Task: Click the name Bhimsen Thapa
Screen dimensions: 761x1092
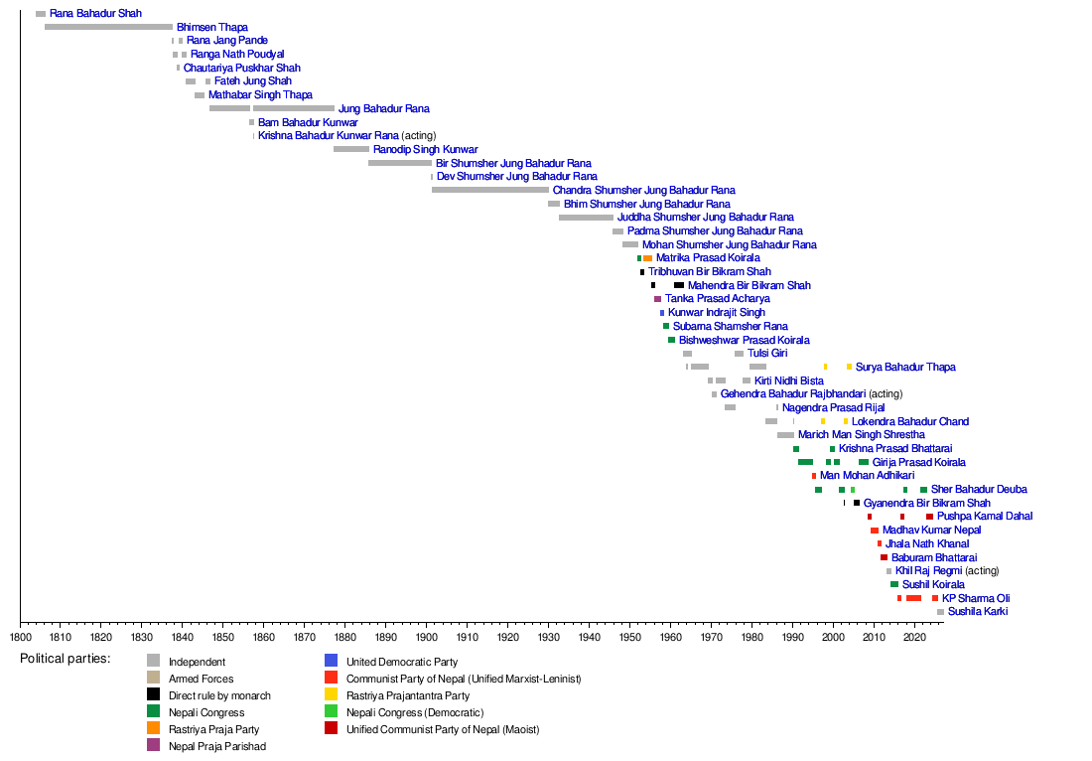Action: [x=212, y=27]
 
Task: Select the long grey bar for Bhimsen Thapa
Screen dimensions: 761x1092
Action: [x=108, y=27]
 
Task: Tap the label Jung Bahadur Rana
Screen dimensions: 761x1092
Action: [x=383, y=108]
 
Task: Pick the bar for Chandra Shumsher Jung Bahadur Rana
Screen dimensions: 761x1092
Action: [x=489, y=190]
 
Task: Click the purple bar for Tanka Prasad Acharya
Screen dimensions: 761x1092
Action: [x=657, y=299]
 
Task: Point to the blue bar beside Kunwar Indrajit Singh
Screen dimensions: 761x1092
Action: [x=662, y=313]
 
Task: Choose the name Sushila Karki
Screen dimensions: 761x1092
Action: [x=978, y=612]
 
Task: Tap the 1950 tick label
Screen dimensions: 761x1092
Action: [x=630, y=636]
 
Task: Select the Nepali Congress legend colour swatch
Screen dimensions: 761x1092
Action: [x=154, y=712]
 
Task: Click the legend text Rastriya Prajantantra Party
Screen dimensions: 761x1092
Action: [x=407, y=695]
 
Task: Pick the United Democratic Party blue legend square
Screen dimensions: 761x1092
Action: [x=332, y=662]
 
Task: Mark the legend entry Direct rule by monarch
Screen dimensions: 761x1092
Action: [x=219, y=695]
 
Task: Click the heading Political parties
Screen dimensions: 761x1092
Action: [x=65, y=659]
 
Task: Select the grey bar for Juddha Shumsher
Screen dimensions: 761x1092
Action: [x=586, y=218]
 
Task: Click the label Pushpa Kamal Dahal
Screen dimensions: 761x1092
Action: [x=984, y=517]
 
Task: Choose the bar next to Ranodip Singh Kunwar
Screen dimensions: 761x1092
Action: [x=351, y=149]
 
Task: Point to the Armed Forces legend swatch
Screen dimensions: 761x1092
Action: [x=154, y=679]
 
